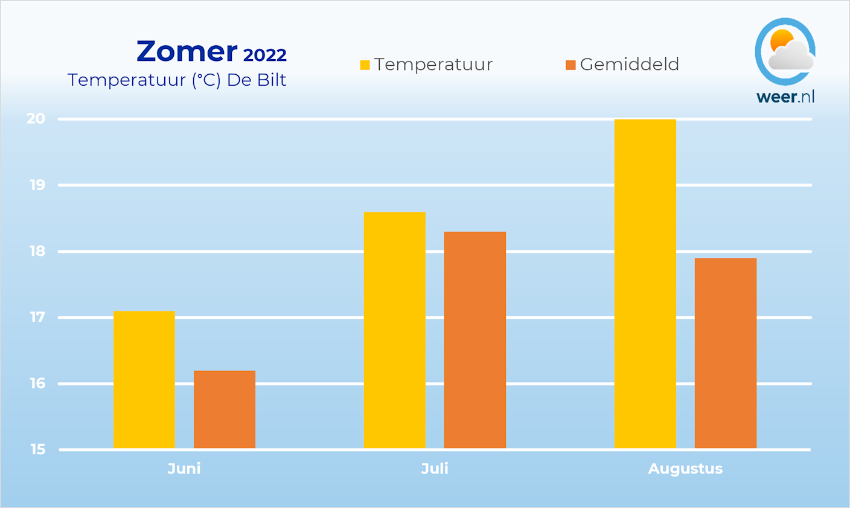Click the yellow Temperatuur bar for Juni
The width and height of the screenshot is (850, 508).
pos(144,380)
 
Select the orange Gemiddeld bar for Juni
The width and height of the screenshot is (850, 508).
pos(225,410)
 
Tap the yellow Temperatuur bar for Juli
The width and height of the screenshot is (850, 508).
pos(395,331)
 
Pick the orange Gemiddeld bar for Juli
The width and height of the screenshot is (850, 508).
pos(475,340)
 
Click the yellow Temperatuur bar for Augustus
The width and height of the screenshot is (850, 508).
pos(645,284)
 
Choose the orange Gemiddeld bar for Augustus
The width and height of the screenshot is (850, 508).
pos(726,354)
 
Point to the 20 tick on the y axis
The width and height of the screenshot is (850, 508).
pos(36,119)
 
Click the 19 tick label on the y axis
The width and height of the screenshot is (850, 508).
pos(37,185)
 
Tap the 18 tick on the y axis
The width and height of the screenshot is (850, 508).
pos(37,252)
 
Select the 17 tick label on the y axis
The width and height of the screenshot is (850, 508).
pos(37,317)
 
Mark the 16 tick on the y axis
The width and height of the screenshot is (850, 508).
pos(37,384)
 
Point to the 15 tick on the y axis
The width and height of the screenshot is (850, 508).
pos(37,449)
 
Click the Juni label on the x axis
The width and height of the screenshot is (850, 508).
pos(184,469)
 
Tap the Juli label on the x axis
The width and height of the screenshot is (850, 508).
pos(435,469)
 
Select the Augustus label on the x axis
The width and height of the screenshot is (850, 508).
pos(685,469)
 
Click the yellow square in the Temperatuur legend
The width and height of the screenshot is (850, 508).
pos(365,65)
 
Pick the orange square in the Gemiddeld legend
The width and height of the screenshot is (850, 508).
pos(570,65)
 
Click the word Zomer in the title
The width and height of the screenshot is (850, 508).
pos(187,52)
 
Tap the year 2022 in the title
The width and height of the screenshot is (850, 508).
pos(264,56)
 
